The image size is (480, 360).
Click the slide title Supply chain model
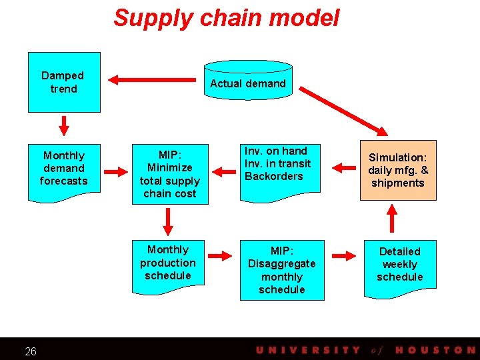pos(226,18)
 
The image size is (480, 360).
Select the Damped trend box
pos(63,82)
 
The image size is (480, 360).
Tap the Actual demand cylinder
pos(248,83)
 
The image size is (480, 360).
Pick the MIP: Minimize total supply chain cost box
pos(169,173)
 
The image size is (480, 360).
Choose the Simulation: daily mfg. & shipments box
pos(398,170)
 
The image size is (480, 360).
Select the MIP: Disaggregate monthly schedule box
pos(281,270)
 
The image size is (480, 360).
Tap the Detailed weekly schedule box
pos(400,265)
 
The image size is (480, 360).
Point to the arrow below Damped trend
pos(64,125)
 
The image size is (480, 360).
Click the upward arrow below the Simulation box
pos(393,218)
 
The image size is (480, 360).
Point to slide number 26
pos(31,351)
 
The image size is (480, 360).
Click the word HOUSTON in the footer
pos(434,350)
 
